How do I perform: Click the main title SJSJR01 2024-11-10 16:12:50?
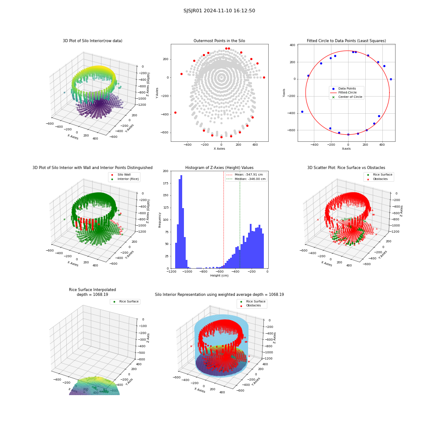point(219,11)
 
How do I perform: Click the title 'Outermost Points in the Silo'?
point(219,41)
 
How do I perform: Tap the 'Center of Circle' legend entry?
point(347,97)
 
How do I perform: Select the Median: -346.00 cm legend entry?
point(246,179)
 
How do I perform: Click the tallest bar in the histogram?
point(181,222)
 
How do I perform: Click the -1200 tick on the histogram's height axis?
point(171,272)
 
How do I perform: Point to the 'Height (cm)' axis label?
point(219,276)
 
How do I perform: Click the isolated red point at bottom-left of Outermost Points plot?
point(176,112)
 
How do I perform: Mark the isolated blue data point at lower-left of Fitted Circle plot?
point(302,112)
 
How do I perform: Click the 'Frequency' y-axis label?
point(160,220)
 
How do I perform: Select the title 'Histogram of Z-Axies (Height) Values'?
point(219,168)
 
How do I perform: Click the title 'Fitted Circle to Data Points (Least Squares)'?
point(346,41)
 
